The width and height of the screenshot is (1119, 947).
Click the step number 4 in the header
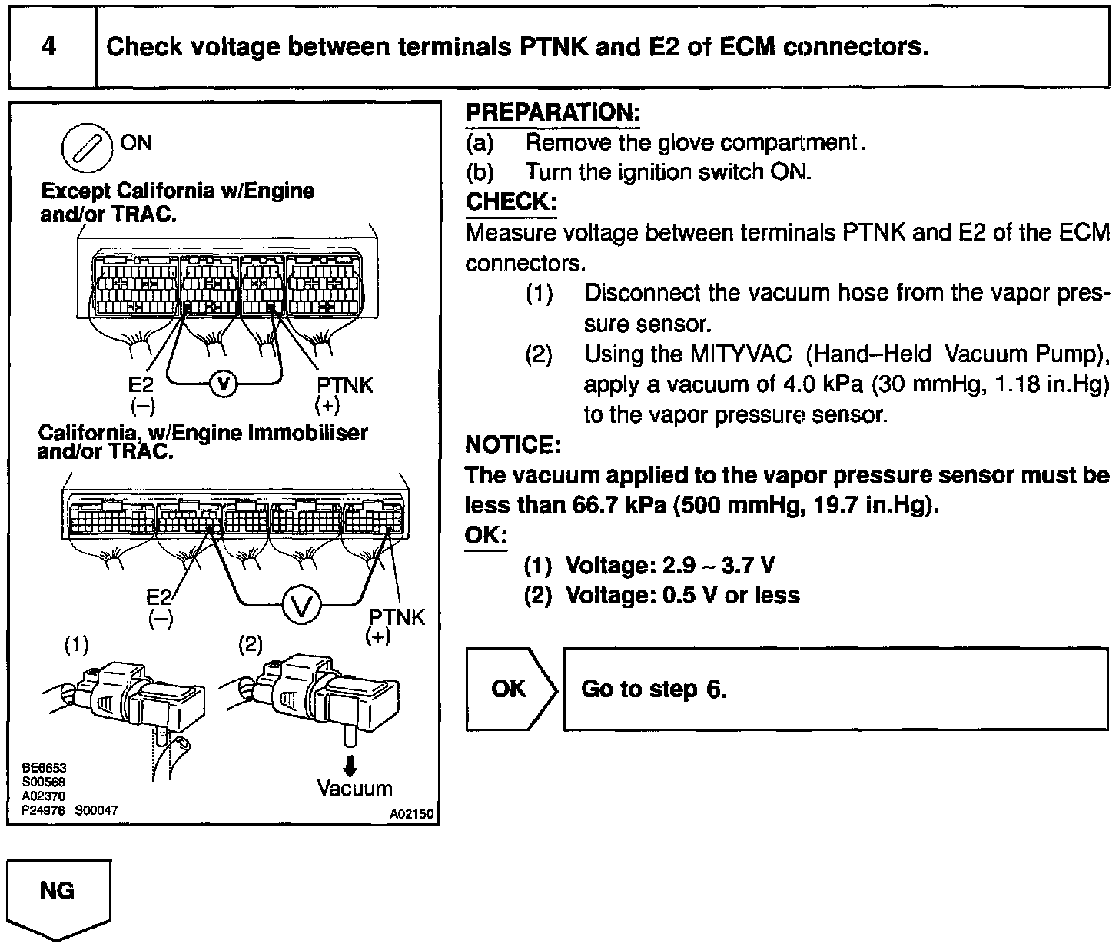(x=49, y=47)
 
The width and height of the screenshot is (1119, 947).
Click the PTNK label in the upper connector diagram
(x=344, y=385)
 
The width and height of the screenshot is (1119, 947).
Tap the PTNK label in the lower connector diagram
(x=397, y=617)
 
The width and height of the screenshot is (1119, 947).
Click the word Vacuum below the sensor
(x=355, y=789)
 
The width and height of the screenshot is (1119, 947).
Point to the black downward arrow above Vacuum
(x=350, y=766)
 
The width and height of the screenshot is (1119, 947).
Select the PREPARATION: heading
(x=553, y=113)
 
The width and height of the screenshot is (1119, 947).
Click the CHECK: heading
(x=511, y=202)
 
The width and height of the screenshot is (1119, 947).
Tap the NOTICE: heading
(x=513, y=444)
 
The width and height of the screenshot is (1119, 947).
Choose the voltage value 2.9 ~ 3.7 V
(x=718, y=566)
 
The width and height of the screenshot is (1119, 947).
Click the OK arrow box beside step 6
(x=510, y=689)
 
